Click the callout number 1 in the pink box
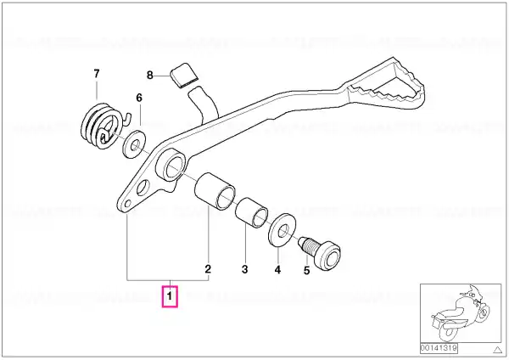pos(170,296)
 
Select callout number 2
pos(208,269)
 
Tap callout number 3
pos(245,269)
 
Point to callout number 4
pos(277,270)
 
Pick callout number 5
pos(307,270)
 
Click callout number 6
pos(139,98)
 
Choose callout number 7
pos(97,74)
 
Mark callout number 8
pos(149,76)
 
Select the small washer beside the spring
pos(134,144)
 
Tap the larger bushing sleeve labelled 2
pos(215,192)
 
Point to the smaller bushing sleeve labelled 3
pos(252,213)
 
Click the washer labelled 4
pos(282,230)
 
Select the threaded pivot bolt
pos(321,253)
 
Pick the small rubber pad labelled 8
pos(184,76)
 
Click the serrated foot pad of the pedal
pos(386,84)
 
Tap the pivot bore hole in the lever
pos(175,167)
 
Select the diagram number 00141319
pos(439,348)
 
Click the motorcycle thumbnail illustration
pos(461,312)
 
